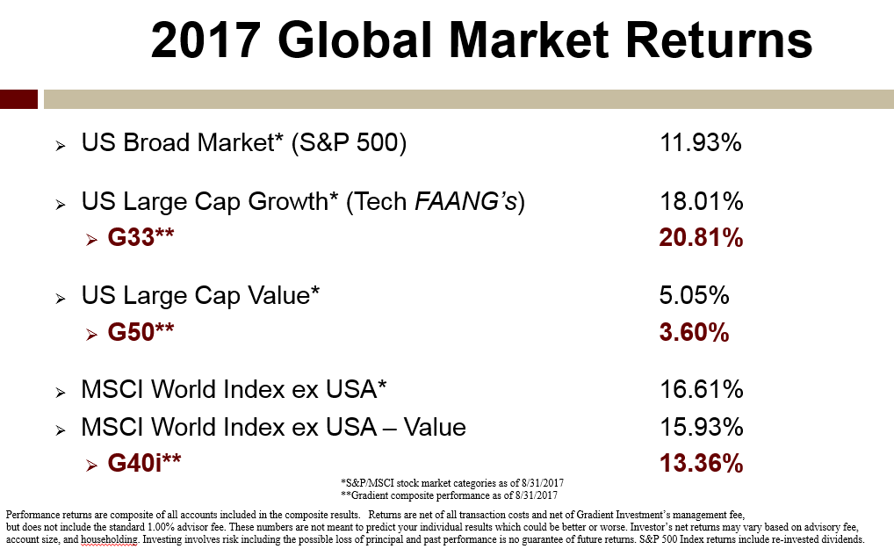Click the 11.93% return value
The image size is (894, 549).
coord(700,142)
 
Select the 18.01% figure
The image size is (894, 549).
coord(702,201)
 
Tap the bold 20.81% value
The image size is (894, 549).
coord(701,238)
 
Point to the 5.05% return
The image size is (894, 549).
coord(694,295)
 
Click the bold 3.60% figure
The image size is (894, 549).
coord(694,332)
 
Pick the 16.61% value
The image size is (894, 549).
coord(702,389)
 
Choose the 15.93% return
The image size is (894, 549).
coord(702,427)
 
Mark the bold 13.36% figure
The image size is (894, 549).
coord(701,463)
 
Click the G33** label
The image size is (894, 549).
coord(141,237)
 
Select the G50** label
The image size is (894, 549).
coord(141,332)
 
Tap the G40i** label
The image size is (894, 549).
coord(144,462)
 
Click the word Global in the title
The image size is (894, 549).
coord(355,40)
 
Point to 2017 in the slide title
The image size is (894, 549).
coord(205,40)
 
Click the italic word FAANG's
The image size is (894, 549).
coord(465,201)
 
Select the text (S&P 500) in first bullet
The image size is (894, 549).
coord(349,143)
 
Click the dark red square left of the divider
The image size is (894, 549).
coord(18,99)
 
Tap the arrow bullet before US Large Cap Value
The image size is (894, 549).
coord(61,298)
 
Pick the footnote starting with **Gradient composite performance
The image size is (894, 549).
coord(449,495)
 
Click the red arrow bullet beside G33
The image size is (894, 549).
coord(92,240)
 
